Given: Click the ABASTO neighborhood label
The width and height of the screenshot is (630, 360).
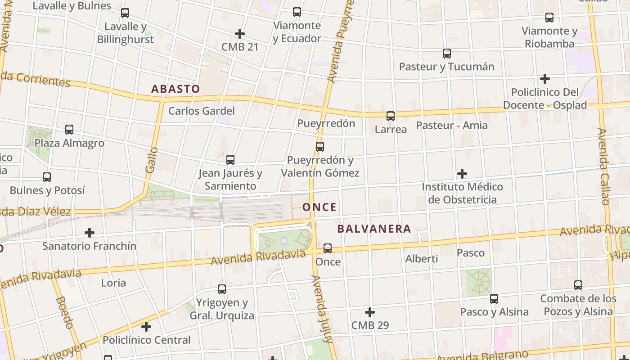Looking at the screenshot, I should pyautogui.click(x=175, y=89).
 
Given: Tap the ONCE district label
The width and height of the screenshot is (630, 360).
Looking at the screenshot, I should pyautogui.click(x=319, y=207).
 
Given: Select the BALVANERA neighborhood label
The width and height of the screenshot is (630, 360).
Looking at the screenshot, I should pyautogui.click(x=374, y=229).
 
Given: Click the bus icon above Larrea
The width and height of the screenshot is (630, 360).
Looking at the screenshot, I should pyautogui.click(x=391, y=116).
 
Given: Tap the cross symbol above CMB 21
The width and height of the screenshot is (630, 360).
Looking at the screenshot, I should pyautogui.click(x=240, y=33).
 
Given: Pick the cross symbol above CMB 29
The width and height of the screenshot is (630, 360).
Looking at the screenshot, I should pyautogui.click(x=370, y=312).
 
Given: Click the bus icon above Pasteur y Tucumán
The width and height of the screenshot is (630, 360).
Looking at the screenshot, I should pyautogui.click(x=447, y=53).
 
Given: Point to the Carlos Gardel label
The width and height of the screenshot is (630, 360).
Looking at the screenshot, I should pyautogui.click(x=201, y=111).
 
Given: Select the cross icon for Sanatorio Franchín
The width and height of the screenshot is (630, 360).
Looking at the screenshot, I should pyautogui.click(x=90, y=233).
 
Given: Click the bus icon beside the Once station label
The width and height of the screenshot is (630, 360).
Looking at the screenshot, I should pyautogui.click(x=328, y=248).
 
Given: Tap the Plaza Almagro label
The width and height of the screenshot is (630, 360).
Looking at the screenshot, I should pyautogui.click(x=69, y=143).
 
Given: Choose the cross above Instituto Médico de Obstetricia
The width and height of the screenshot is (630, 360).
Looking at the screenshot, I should pyautogui.click(x=462, y=173).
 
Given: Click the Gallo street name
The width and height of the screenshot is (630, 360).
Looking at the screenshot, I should pyautogui.click(x=152, y=160).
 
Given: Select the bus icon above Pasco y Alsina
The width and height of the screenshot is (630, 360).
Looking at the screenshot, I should pyautogui.click(x=494, y=298).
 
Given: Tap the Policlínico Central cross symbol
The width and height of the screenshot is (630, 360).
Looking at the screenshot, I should pyautogui.click(x=146, y=326).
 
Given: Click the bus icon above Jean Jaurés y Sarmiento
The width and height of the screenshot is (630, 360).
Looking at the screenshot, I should pyautogui.click(x=230, y=159).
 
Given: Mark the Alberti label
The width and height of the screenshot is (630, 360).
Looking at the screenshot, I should pyautogui.click(x=422, y=259).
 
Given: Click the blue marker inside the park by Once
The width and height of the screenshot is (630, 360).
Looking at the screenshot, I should pyautogui.click(x=283, y=241).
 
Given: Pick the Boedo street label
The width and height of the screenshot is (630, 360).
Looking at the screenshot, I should pyautogui.click(x=65, y=313).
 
